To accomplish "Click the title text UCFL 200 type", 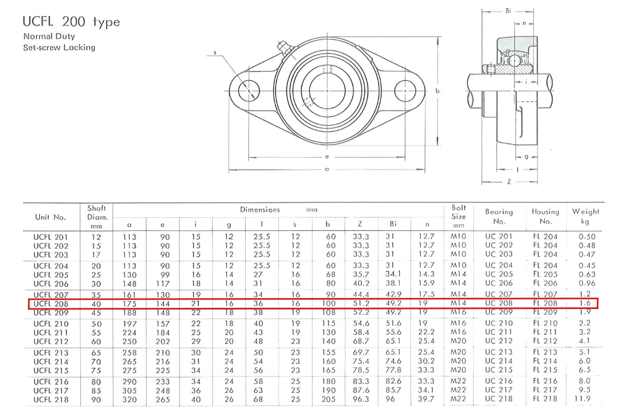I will point(71,22).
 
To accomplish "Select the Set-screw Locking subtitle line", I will point(59,48).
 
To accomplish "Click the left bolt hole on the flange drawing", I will point(249,91).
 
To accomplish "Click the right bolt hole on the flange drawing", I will point(405,91).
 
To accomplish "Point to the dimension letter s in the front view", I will point(215,52).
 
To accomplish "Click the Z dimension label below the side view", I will point(509,182).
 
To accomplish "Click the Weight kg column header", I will point(585,216).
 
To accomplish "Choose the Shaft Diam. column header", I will point(96,216).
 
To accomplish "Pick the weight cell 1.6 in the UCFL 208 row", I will point(585,303).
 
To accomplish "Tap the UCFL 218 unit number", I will point(51,400).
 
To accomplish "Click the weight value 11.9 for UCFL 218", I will point(585,400).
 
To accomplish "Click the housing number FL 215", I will point(545,371).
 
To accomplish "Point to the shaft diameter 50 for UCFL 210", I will point(96,323).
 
